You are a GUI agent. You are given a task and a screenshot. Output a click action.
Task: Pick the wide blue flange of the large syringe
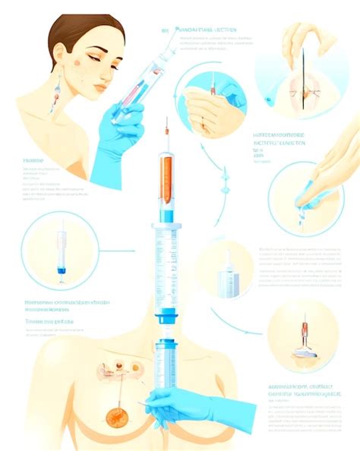(x=167, y=225)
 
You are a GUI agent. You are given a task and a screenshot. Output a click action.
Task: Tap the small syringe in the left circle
(x=62, y=251)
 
